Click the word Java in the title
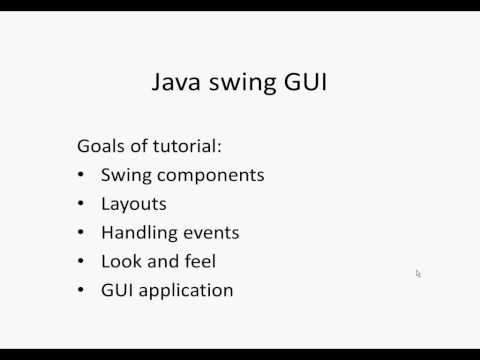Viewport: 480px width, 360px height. pos(173,82)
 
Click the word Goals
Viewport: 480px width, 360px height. pos(102,146)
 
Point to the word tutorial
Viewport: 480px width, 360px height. pos(187,146)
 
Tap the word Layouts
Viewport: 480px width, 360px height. pos(134,205)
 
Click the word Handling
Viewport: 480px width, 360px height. pos(137,234)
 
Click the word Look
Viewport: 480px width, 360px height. pos(120,262)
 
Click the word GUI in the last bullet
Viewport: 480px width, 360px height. pos(118,291)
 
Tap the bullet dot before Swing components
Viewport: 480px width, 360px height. pos(81,175)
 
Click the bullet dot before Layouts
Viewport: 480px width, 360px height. pos(81,204)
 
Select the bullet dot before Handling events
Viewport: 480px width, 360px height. pos(81,233)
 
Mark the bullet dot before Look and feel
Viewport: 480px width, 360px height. pos(81,262)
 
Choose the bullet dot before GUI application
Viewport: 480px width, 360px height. pos(81,291)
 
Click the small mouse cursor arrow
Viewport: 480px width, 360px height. pos(418,273)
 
